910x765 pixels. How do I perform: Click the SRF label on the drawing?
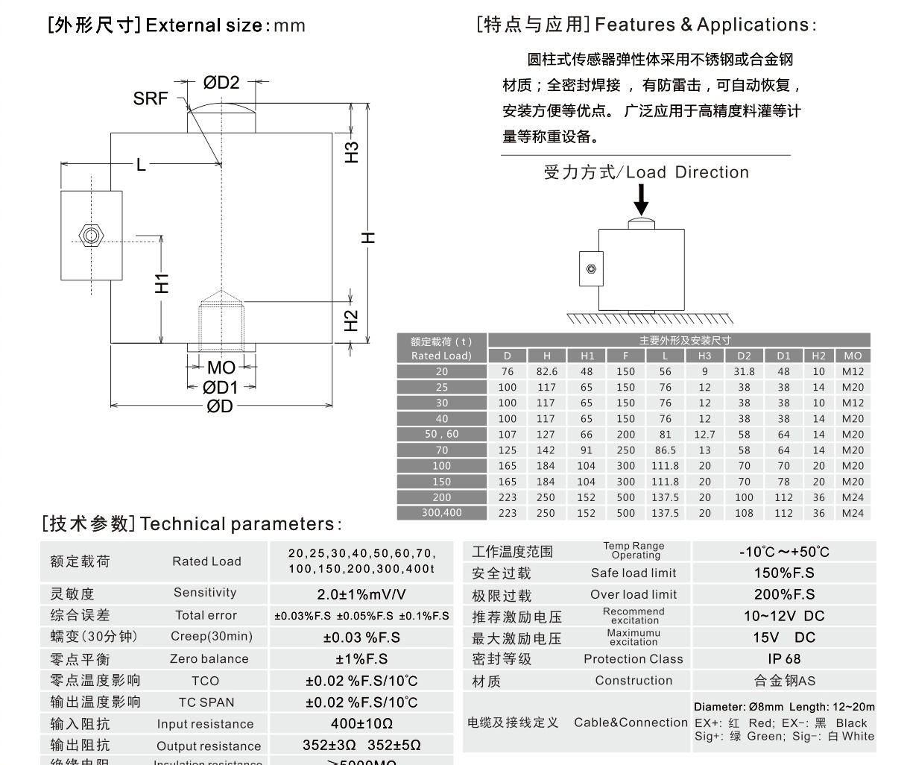click(150, 98)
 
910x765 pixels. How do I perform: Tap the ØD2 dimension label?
click(221, 83)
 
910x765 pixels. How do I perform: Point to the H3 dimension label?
click(351, 152)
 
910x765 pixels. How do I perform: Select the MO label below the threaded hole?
click(221, 367)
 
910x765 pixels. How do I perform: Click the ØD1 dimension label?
click(221, 387)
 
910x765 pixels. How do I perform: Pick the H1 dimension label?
click(162, 283)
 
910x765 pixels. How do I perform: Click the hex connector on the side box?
click(91, 236)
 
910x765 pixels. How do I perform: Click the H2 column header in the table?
click(818, 356)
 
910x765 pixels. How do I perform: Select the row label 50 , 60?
click(442, 434)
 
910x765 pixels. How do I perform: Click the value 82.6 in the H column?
click(546, 371)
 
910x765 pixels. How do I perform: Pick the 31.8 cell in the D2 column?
click(744, 371)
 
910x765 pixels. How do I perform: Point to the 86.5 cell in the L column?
click(665, 450)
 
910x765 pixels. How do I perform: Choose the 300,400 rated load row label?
click(442, 513)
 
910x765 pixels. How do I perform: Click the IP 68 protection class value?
click(784, 659)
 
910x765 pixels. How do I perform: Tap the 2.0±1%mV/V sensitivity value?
click(361, 594)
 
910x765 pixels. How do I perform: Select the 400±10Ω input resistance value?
click(361, 724)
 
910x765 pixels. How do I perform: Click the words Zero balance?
click(209, 659)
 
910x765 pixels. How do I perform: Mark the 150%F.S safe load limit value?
click(784, 573)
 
